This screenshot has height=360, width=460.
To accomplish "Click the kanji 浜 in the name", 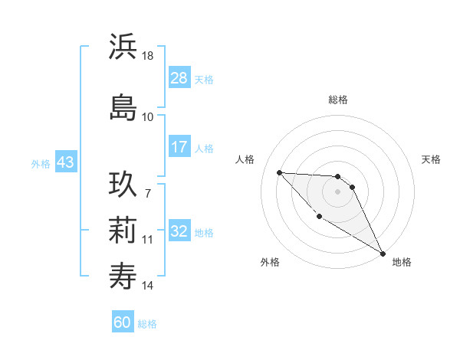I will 123,47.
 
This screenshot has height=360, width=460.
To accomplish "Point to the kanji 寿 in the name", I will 123,274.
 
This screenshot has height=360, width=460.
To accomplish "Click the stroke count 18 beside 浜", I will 148,56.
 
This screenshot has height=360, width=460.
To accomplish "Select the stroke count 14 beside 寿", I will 148,286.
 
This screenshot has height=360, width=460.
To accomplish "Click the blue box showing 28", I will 179,77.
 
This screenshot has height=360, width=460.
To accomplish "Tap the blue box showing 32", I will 179,231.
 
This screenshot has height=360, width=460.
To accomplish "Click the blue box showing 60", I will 123,322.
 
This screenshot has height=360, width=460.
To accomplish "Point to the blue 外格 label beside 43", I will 41,163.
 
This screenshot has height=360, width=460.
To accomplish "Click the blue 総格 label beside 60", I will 147,324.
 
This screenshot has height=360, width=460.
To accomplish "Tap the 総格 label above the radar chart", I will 338,100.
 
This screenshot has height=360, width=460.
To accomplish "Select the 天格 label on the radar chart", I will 432,159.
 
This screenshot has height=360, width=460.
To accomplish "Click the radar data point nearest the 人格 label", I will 279,172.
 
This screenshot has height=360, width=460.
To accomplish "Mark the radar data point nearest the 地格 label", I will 383,254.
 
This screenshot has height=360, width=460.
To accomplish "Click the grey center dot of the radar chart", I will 338,191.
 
